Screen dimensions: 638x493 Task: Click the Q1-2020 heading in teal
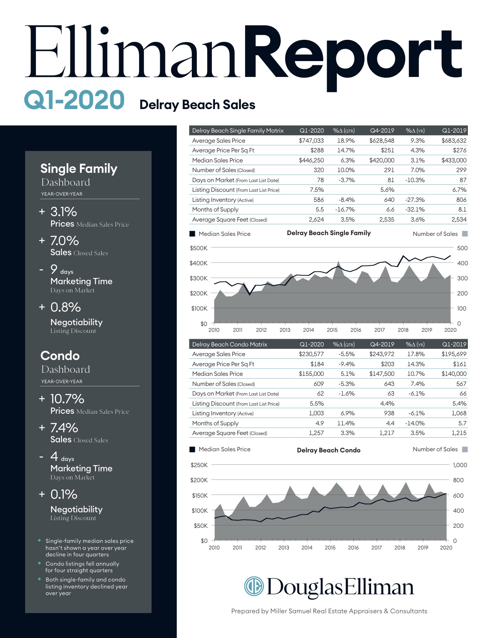point(74,100)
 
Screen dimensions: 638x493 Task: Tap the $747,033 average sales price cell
point(311,141)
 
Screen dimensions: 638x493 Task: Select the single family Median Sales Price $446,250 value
point(311,160)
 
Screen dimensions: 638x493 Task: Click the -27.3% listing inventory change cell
point(415,200)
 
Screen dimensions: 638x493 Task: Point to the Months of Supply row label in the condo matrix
point(215,423)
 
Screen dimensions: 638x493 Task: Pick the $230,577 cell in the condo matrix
point(311,354)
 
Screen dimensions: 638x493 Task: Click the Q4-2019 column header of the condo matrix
point(382,344)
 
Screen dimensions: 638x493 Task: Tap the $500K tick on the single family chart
point(199,248)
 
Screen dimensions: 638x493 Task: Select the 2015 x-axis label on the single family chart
point(332,330)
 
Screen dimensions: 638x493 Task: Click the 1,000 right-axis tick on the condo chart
point(460,465)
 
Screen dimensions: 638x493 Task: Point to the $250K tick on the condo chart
point(199,465)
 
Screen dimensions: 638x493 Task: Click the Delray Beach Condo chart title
point(328,450)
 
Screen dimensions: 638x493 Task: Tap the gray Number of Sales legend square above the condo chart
point(465,449)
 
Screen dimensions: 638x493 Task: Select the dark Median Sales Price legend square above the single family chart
point(192,234)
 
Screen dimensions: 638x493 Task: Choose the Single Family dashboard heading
point(78,169)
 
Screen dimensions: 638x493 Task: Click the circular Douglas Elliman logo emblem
point(254,586)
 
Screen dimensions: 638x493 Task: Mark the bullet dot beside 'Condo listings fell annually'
point(39,563)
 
